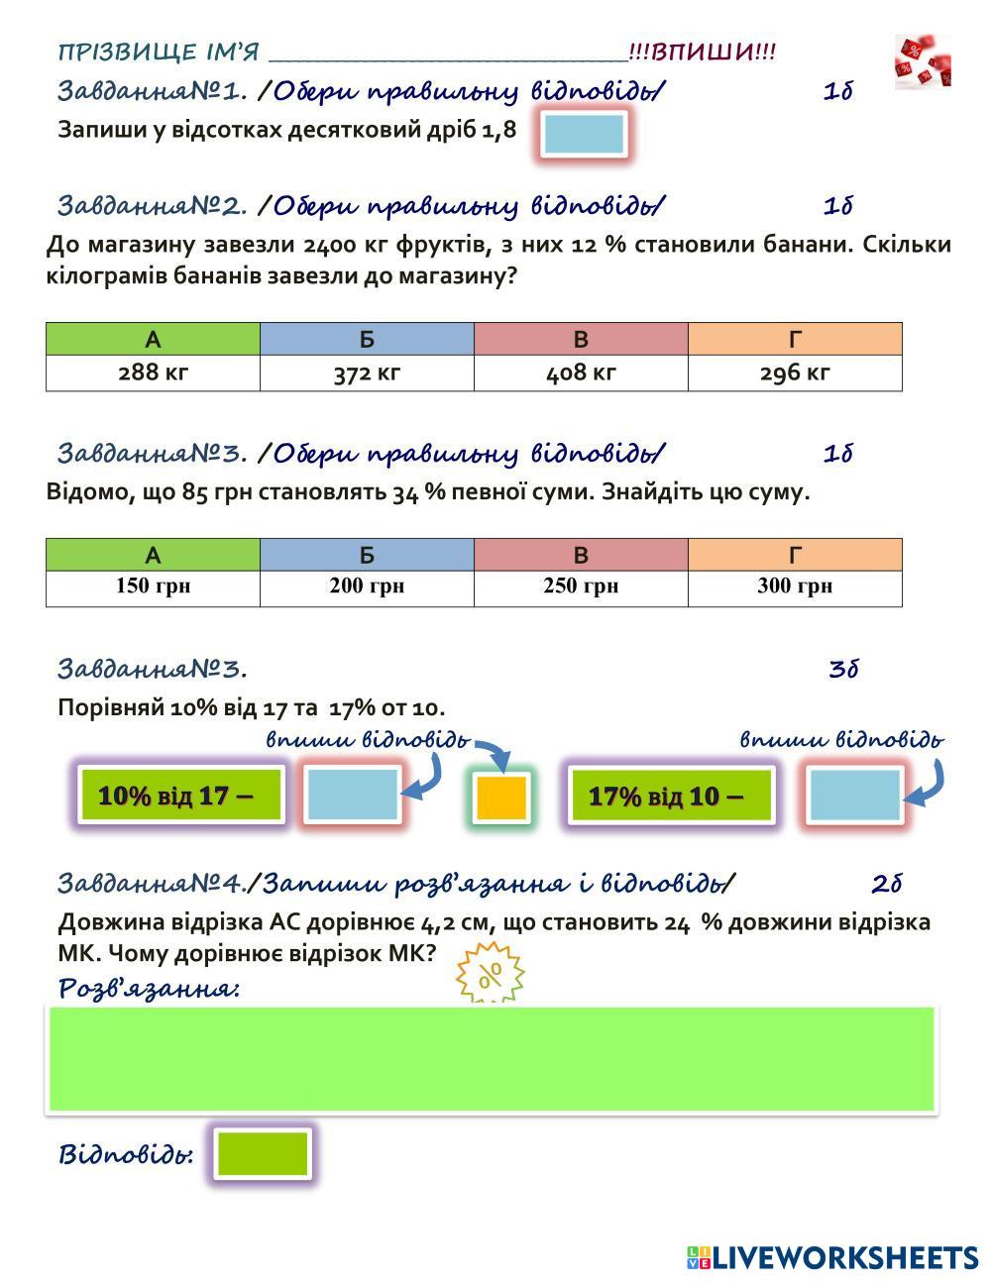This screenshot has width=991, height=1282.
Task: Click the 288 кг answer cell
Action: coord(153,374)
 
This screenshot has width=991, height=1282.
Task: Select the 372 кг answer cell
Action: coord(367,374)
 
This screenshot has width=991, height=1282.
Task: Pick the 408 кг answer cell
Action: coord(581,374)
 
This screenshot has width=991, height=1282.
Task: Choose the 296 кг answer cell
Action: coord(795,374)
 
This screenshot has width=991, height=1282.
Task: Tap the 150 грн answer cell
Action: coord(153,587)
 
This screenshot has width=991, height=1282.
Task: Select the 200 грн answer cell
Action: coord(367,587)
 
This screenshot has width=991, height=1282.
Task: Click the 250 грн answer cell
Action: coord(581,587)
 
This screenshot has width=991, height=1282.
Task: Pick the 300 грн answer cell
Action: coord(795,587)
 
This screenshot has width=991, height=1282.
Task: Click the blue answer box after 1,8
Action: coord(585,134)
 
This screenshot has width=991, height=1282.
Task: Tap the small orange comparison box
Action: coord(501,798)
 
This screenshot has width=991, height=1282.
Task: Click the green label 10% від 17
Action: coord(181,795)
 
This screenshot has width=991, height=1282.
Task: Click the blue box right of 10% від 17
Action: coord(352,795)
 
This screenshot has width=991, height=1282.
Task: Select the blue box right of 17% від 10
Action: coord(854,795)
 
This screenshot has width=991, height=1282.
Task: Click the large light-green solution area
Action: coord(492,1059)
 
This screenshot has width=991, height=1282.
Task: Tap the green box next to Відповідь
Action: coord(263,1153)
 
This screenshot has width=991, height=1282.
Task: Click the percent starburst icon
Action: coord(490,975)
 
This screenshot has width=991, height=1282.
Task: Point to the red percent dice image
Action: coord(923,61)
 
